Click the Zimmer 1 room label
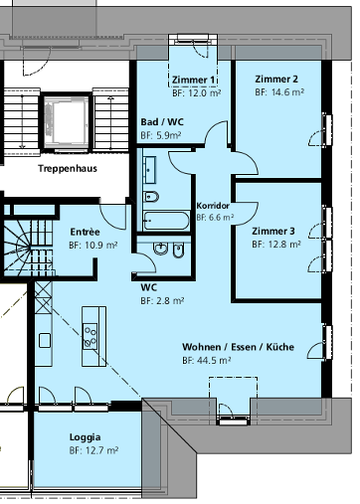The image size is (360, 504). (x=193, y=80)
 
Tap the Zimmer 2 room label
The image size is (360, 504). (x=275, y=79)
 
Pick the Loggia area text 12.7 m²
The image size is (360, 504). (x=94, y=450)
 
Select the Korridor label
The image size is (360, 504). (x=213, y=204)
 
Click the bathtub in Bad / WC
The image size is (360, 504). (x=165, y=220)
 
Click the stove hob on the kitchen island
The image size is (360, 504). (x=91, y=335)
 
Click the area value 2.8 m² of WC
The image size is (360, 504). (x=160, y=300)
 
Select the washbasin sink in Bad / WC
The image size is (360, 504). (x=151, y=194)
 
